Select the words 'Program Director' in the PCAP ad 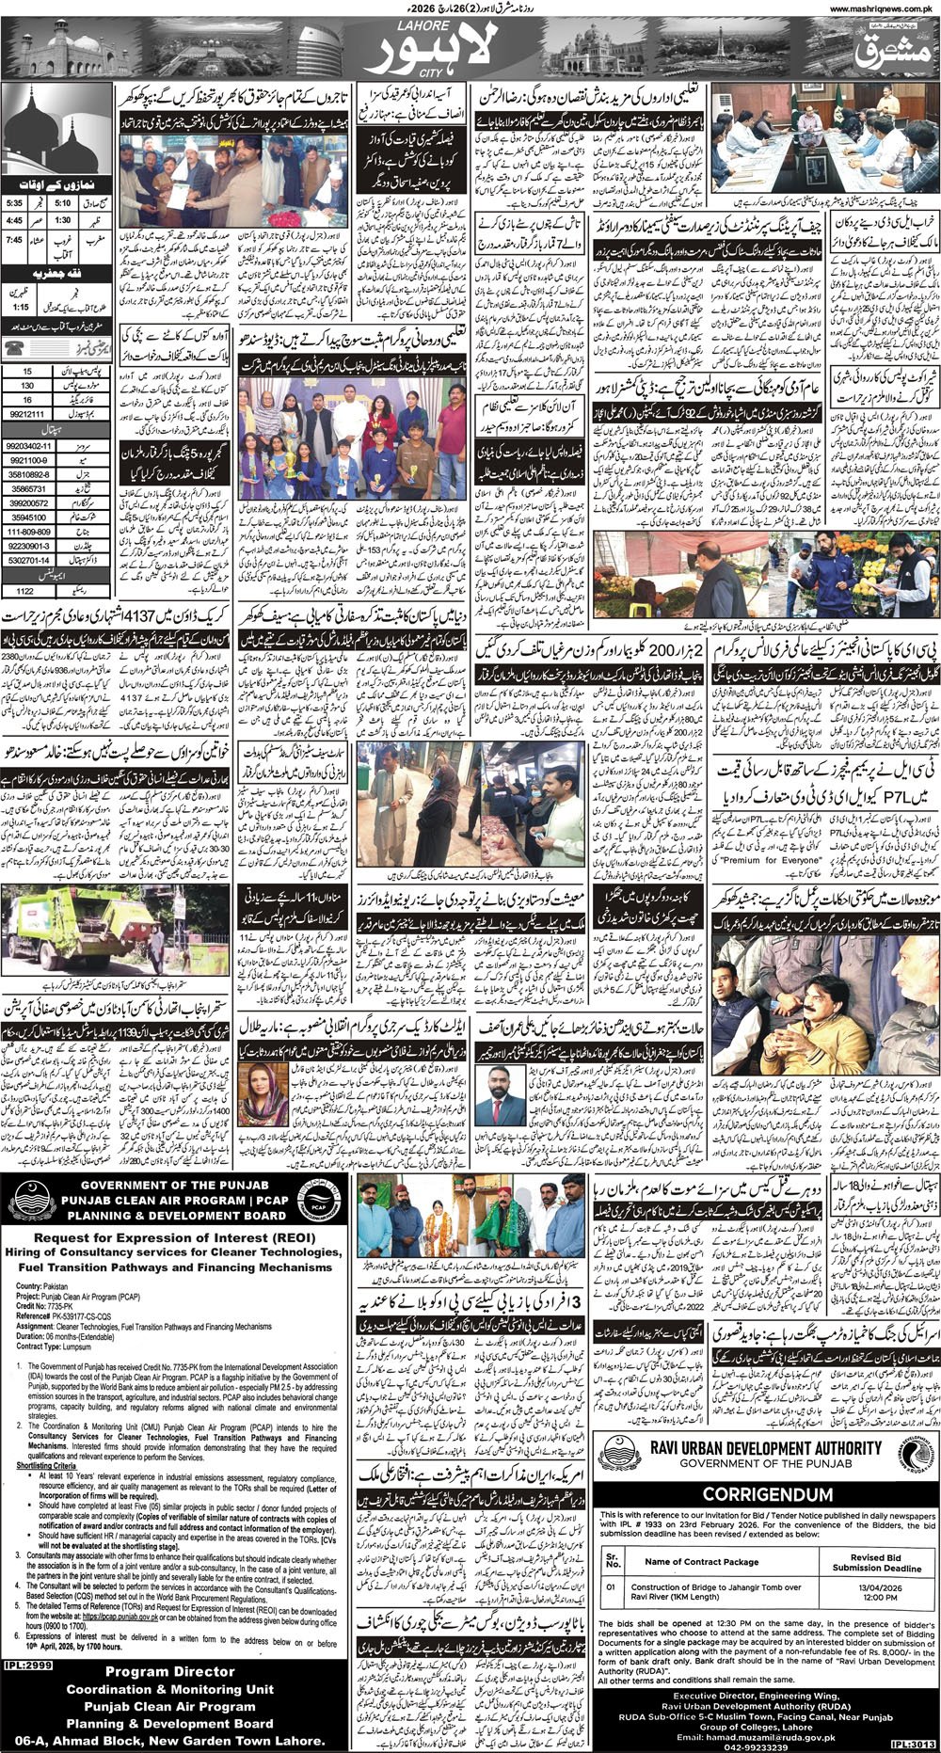click(169, 1671)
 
